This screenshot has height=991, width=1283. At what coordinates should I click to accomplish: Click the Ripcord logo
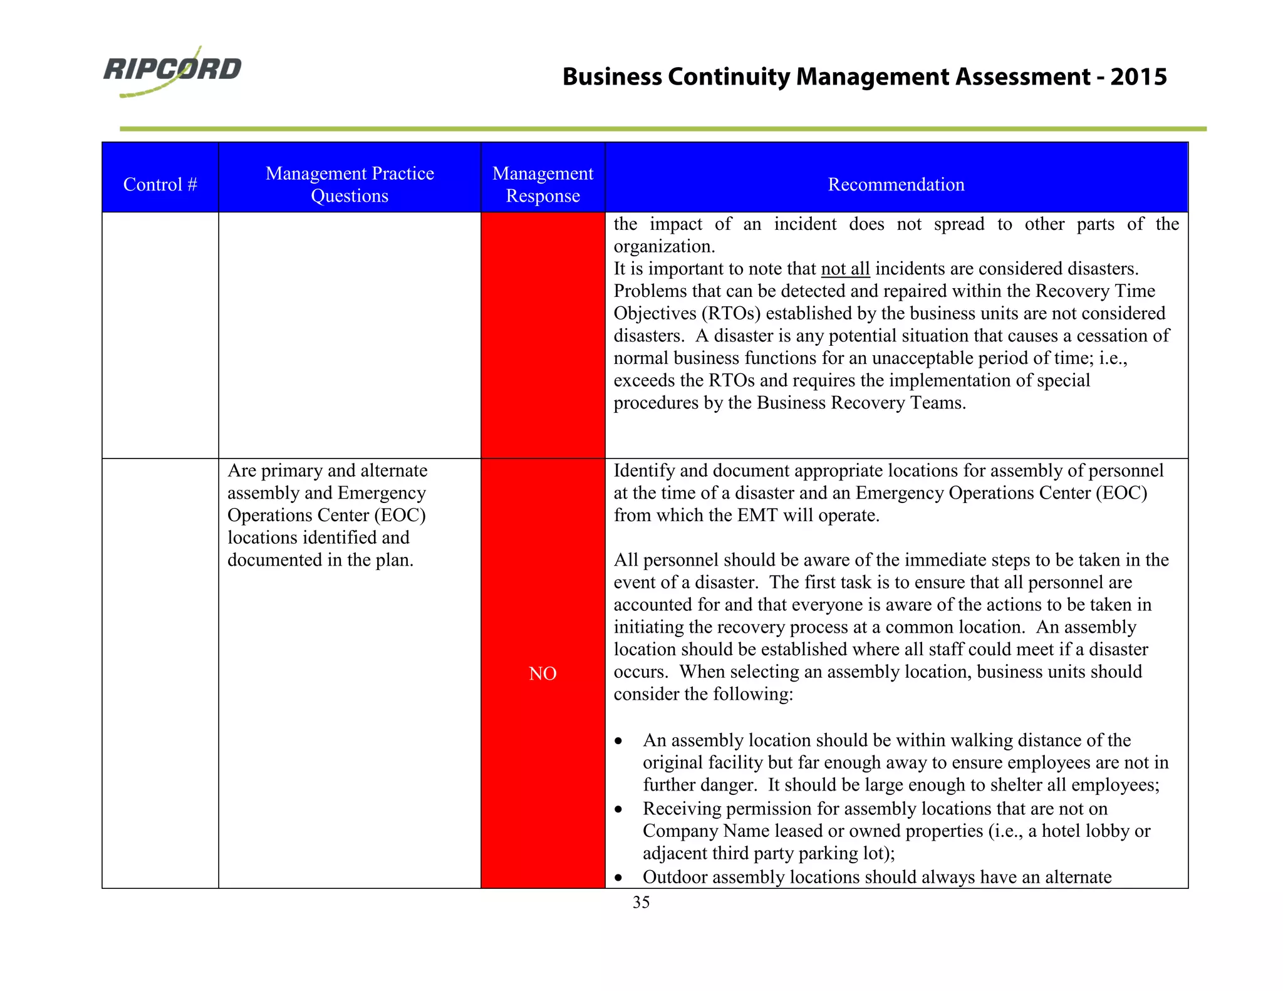point(172,71)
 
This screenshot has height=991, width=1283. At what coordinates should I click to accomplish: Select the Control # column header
point(160,184)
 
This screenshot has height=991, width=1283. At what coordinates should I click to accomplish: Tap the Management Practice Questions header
point(350,184)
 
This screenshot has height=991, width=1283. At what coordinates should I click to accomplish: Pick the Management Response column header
point(543,184)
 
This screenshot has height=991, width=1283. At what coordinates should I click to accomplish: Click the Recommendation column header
point(896,184)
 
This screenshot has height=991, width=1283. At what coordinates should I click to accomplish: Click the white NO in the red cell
point(543,673)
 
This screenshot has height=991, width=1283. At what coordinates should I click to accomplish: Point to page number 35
point(641,902)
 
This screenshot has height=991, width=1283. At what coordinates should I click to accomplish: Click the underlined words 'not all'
point(845,269)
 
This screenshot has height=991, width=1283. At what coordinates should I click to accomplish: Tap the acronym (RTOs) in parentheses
point(730,313)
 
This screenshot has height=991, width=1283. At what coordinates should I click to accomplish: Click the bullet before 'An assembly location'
point(619,741)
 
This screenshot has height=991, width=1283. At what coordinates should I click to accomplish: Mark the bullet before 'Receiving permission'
point(619,809)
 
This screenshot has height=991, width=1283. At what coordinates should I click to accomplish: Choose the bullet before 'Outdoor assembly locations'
point(619,878)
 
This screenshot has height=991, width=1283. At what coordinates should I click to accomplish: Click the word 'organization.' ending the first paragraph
point(664,246)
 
